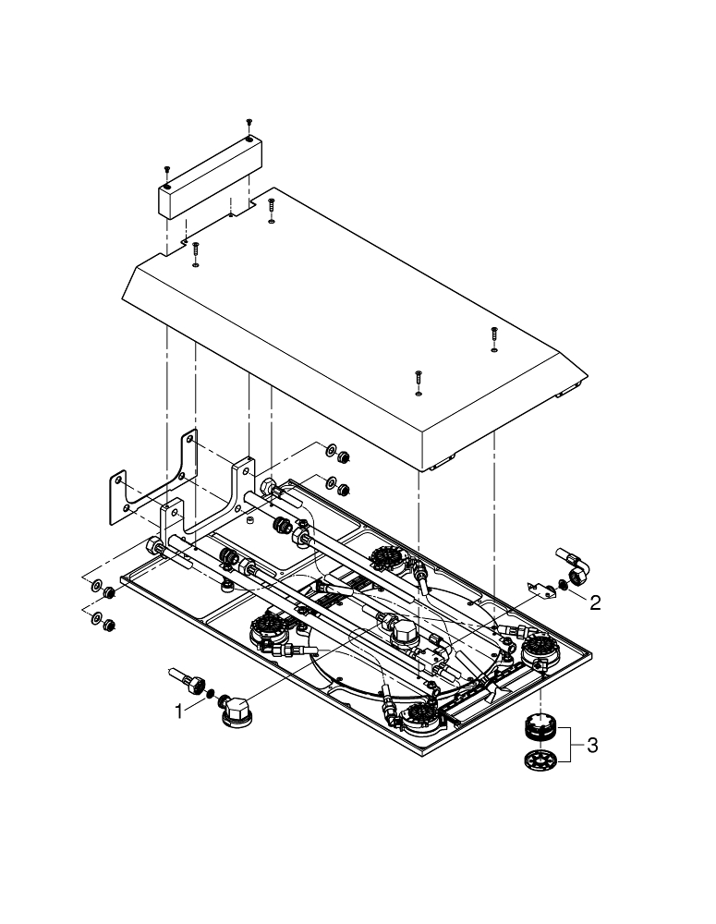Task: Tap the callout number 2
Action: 595,602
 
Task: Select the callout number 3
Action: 592,745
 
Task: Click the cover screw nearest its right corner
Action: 494,338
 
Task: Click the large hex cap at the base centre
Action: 405,636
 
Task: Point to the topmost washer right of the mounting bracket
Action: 330,452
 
